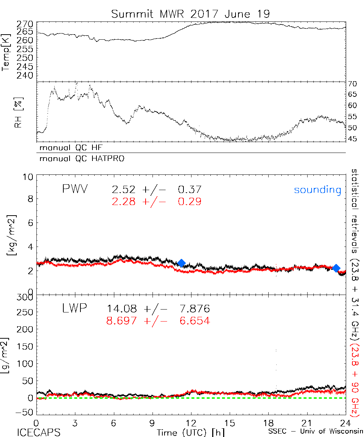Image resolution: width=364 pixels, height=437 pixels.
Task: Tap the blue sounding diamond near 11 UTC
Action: coord(181,263)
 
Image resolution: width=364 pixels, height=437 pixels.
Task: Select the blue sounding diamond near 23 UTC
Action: coord(336,268)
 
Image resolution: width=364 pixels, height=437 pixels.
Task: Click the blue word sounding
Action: coord(317,190)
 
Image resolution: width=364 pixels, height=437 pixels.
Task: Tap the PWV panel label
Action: coord(75,189)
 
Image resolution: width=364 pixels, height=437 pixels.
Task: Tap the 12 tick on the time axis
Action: coord(191,423)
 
